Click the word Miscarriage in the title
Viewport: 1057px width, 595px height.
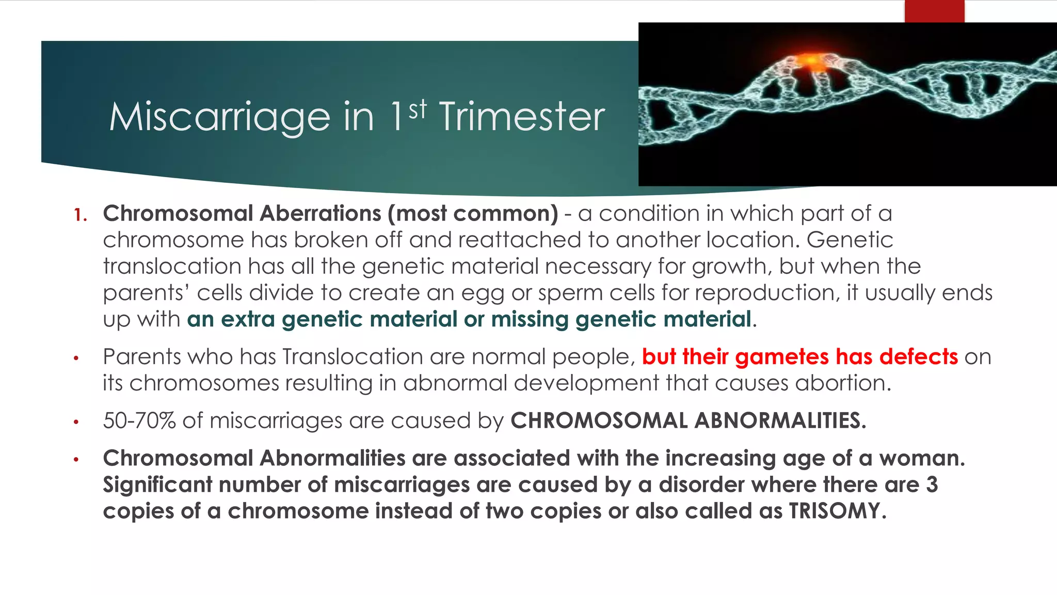tap(219, 118)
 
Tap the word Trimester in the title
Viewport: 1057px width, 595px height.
tap(522, 118)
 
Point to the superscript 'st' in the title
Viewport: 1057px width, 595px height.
tap(418, 109)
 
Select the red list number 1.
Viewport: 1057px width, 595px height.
tap(80, 215)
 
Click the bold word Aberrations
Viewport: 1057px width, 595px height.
tap(320, 214)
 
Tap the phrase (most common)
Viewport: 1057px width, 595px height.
tap(472, 214)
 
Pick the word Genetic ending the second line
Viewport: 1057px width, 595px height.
tap(850, 240)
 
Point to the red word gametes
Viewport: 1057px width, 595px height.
tap(781, 357)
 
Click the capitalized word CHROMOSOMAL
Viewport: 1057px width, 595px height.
tap(599, 421)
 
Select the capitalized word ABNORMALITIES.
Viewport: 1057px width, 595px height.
tap(779, 421)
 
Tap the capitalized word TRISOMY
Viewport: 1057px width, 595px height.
tap(837, 511)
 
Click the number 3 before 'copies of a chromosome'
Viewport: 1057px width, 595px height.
tap(932, 485)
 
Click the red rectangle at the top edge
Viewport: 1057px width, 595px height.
tap(934, 11)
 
